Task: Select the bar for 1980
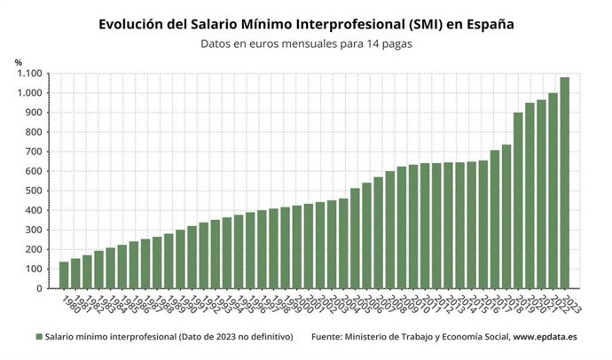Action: point(64,275)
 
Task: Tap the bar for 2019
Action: point(530,195)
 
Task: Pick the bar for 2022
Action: point(553,191)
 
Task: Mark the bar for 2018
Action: point(518,200)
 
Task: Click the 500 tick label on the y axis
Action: point(34,192)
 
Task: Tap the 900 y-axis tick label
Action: point(34,113)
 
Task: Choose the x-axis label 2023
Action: point(569,304)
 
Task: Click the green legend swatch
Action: point(40,338)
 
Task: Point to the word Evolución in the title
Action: point(135,25)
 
